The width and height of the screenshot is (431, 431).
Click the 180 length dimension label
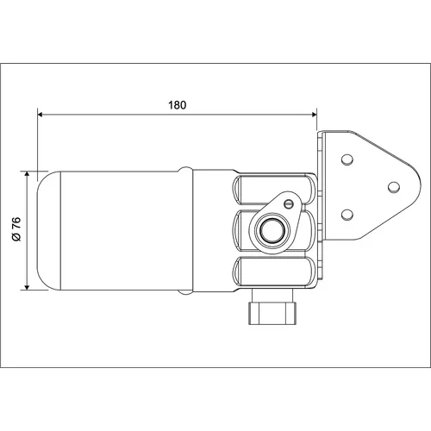pos(178,105)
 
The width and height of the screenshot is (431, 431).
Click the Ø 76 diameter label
pos(17,229)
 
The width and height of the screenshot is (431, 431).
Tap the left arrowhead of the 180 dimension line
pos(41,115)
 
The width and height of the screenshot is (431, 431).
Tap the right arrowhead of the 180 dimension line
pos(314,115)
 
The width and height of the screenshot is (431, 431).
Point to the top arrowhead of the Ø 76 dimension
pos(27,174)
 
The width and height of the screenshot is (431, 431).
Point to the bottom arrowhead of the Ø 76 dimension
pos(27,287)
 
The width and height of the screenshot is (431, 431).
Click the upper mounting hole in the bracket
pos(347,159)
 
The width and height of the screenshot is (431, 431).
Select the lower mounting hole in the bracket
pos(347,215)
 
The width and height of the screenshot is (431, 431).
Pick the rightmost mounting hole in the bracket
pos(394,187)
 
